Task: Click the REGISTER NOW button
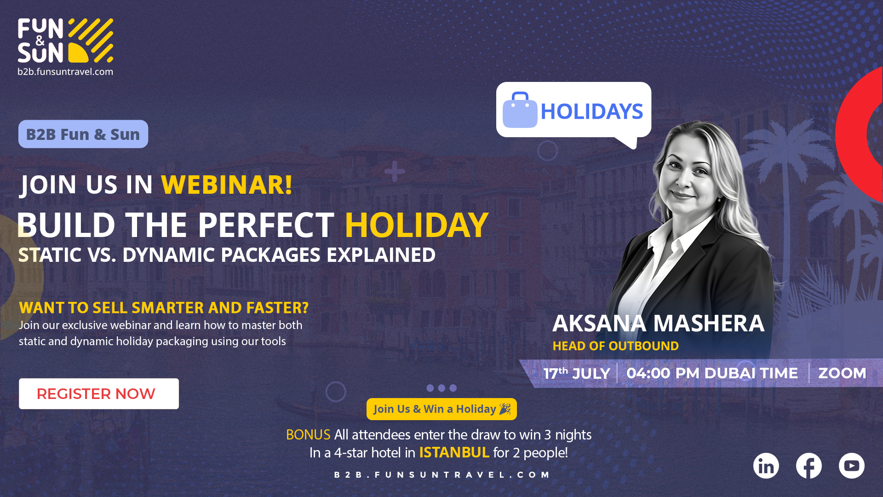point(99,394)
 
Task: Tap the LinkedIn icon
point(766,466)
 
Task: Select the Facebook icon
point(809,466)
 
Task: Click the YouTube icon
point(852,466)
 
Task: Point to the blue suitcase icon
point(520,110)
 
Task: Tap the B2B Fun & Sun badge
point(83,134)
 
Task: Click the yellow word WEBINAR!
point(227,185)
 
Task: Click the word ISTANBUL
point(454,452)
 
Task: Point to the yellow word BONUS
point(308,434)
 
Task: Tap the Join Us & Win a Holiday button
point(441,409)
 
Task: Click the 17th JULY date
point(577,373)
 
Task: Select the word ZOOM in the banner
point(842,373)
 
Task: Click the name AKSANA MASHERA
point(658,323)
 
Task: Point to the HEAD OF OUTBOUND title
point(615,346)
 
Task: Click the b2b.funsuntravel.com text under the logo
point(65,72)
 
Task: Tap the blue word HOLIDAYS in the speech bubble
point(592,111)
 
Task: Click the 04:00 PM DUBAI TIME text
point(712,373)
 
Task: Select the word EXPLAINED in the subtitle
point(381,255)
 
